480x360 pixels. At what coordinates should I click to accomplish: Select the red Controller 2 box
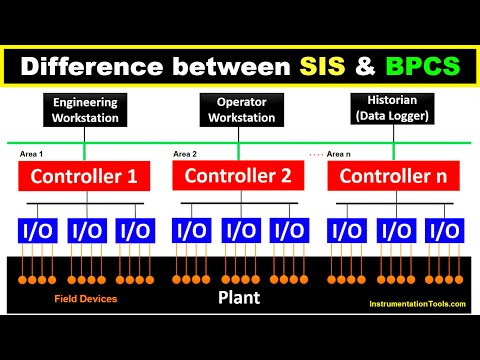[239, 177]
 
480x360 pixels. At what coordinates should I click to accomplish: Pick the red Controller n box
[393, 177]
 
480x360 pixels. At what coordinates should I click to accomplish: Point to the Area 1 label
[33, 155]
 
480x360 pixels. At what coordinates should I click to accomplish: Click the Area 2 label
[185, 155]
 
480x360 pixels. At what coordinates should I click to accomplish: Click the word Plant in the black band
[240, 297]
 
